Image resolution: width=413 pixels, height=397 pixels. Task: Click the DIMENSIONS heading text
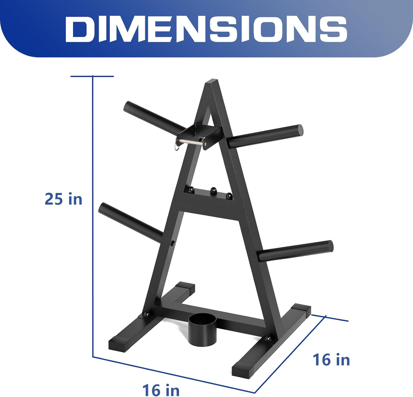click(206, 29)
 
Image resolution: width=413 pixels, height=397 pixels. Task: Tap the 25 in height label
click(64, 199)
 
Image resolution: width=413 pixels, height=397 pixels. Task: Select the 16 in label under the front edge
click(161, 390)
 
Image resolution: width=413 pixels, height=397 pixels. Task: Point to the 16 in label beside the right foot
click(331, 360)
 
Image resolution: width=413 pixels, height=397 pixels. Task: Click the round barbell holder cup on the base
click(202, 331)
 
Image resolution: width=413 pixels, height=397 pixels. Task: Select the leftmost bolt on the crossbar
click(191, 190)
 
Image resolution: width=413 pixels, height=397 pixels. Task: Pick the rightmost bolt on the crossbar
click(229, 196)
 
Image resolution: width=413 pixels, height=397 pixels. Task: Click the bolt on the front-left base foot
click(147, 314)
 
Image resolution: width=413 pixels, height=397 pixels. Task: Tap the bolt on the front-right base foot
click(268, 339)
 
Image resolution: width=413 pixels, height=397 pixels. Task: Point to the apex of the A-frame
click(211, 82)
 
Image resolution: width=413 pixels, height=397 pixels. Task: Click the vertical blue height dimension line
click(93, 220)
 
